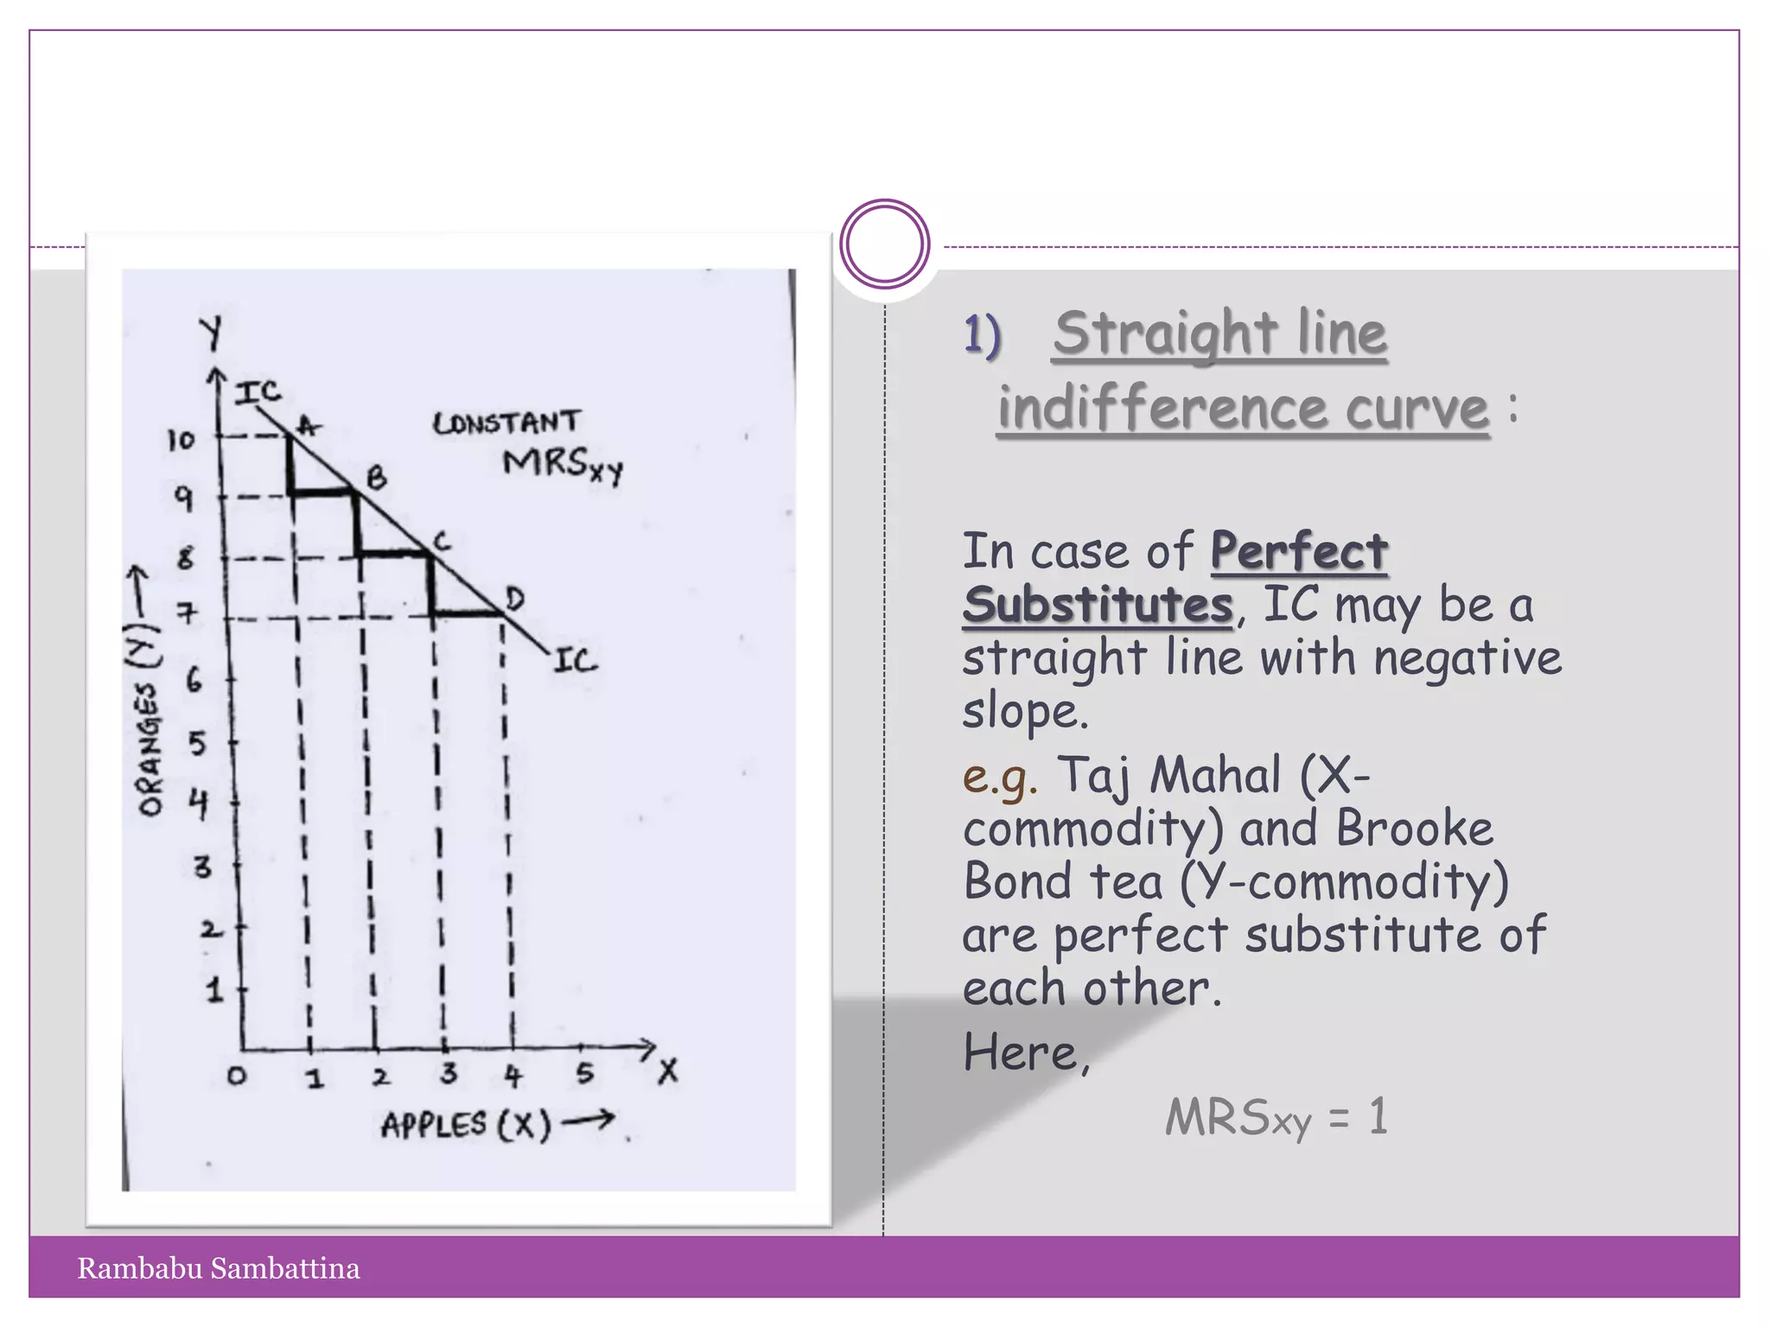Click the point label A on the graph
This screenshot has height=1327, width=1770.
pyautogui.click(x=309, y=425)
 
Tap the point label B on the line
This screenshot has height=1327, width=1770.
pyautogui.click(x=377, y=478)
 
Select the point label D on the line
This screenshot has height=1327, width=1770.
pyautogui.click(x=514, y=598)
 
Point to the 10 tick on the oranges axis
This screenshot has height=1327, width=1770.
pyautogui.click(x=181, y=441)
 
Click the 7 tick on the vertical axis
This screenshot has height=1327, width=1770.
pyautogui.click(x=187, y=613)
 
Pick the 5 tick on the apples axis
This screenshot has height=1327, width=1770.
pyautogui.click(x=585, y=1074)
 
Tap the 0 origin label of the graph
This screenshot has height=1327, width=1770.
pyautogui.click(x=236, y=1076)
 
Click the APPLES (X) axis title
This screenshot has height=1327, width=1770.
pyautogui.click(x=466, y=1125)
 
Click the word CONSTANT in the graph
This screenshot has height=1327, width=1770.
pyautogui.click(x=506, y=423)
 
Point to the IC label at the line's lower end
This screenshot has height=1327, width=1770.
pyautogui.click(x=575, y=662)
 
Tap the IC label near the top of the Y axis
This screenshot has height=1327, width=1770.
pyautogui.click(x=258, y=393)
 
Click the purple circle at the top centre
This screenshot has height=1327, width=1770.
pyautogui.click(x=884, y=244)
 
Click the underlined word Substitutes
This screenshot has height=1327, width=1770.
pyautogui.click(x=1098, y=604)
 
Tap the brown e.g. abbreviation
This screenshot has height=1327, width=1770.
pyautogui.click(x=999, y=776)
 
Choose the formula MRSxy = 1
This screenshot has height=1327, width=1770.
pyautogui.click(x=1277, y=1117)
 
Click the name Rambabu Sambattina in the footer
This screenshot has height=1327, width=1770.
pyautogui.click(x=219, y=1268)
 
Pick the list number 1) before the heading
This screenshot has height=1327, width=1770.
pyautogui.click(x=982, y=335)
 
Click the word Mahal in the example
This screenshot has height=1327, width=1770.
pyautogui.click(x=1214, y=775)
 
